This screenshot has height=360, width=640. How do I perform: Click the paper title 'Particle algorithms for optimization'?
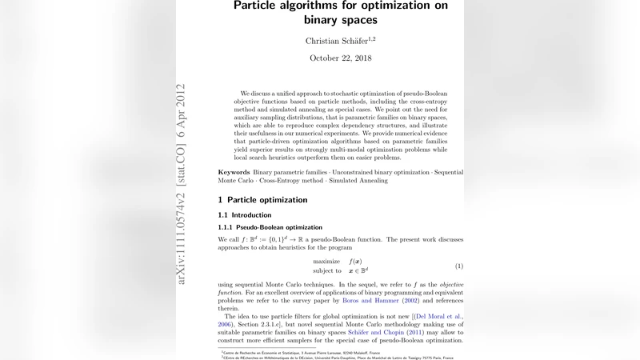click(x=341, y=6)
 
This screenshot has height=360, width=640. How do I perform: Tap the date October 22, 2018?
click(x=341, y=58)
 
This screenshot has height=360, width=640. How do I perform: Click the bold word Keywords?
click(x=234, y=173)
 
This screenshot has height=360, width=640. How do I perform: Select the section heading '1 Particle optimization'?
click(x=262, y=200)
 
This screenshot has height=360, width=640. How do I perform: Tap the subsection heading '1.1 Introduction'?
click(x=245, y=215)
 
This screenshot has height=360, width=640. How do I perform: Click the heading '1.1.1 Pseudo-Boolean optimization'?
click(x=270, y=227)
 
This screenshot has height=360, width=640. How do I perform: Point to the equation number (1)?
click(x=459, y=266)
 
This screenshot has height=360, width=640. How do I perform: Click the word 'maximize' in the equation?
click(x=327, y=262)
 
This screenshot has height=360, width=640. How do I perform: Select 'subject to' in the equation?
click(x=327, y=271)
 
